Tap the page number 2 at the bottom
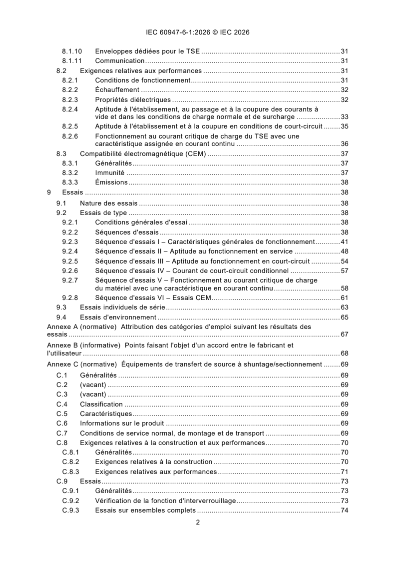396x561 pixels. click(x=198, y=522)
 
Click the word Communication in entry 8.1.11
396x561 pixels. click(x=116, y=60)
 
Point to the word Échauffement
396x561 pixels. click(x=117, y=90)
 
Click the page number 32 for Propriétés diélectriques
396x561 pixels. click(x=344, y=99)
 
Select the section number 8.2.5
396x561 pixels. click(x=70, y=126)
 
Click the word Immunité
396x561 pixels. click(x=110, y=173)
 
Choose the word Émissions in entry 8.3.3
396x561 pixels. click(x=111, y=182)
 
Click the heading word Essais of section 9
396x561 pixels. click(x=72, y=192)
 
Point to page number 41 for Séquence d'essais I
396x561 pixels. click(x=344, y=241)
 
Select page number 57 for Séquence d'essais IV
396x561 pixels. click(x=344, y=270)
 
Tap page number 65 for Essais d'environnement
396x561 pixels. click(x=344, y=317)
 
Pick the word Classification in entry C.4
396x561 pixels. click(x=101, y=404)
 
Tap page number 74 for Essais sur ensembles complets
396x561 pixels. click(x=344, y=510)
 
